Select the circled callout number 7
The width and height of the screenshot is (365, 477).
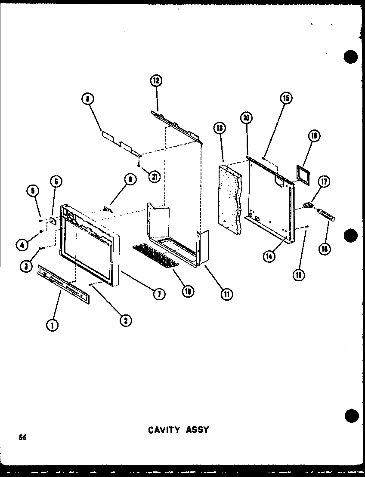pyautogui.click(x=159, y=294)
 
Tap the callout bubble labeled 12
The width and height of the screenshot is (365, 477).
pyautogui.click(x=156, y=80)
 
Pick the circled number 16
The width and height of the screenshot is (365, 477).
pyautogui.click(x=314, y=136)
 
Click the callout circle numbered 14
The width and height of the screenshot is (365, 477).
pyautogui.click(x=269, y=257)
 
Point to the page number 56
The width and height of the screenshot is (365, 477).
pyautogui.click(x=22, y=438)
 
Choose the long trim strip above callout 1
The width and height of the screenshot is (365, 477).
pyautogui.click(x=64, y=284)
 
